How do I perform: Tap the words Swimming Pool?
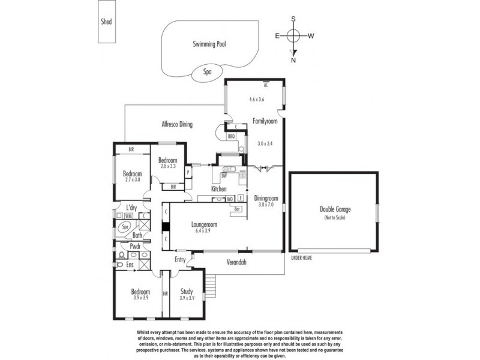[212, 44]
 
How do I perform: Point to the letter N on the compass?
[293, 60]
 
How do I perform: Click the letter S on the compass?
[293, 19]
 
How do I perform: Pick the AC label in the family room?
[265, 85]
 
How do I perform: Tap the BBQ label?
[231, 137]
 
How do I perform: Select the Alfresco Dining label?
[178, 124]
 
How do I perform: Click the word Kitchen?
[218, 189]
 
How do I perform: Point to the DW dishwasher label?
[224, 176]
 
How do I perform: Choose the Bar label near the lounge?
[238, 209]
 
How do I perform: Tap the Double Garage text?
[335, 210]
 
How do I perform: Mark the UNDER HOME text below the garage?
[301, 258]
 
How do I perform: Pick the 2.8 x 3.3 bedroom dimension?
[167, 167]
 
